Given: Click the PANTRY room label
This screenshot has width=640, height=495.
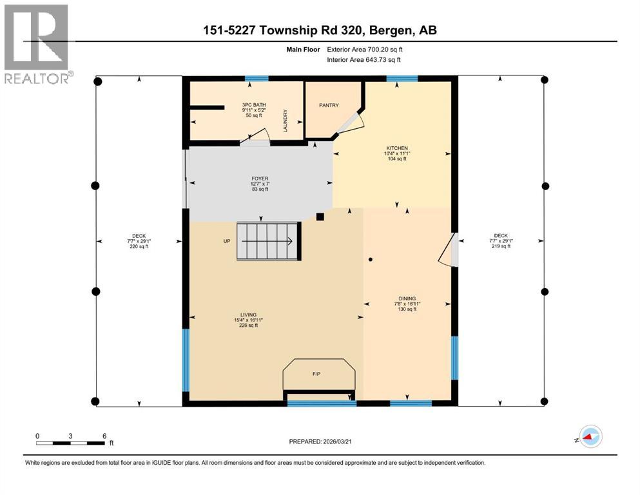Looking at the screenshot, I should tap(329, 105).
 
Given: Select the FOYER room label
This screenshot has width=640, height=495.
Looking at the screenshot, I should tap(259, 179).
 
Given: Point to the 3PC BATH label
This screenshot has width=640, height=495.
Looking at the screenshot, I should tap(254, 104).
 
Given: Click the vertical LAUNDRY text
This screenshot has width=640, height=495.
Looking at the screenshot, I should tap(284, 121).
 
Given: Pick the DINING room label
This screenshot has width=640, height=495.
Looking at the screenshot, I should tap(407, 298).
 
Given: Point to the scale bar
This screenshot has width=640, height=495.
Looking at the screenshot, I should tap(71, 442).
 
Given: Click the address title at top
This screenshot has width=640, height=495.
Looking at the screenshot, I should tap(320, 31).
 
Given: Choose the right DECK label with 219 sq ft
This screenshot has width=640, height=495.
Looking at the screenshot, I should tap(501, 240).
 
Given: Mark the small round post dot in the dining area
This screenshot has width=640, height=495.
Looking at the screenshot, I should tap(371, 260).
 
